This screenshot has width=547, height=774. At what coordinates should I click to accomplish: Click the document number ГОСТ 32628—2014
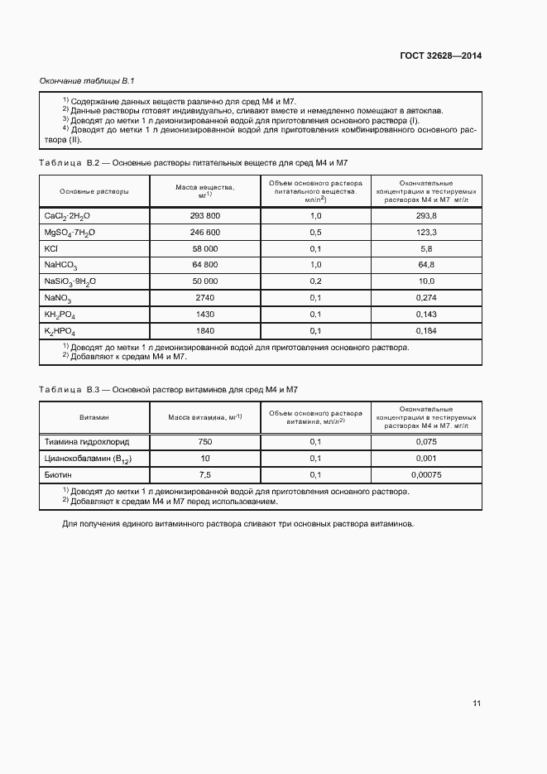click(x=439, y=56)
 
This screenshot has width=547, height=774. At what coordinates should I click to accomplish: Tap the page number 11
click(x=476, y=703)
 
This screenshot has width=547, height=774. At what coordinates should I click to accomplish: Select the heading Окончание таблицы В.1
click(x=87, y=81)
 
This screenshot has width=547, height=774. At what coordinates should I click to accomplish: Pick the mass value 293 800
click(x=205, y=215)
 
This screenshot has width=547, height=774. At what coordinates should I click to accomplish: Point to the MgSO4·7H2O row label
click(x=70, y=232)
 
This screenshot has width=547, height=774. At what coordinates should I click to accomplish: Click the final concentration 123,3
click(x=427, y=232)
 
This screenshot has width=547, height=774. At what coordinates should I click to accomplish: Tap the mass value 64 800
click(x=205, y=265)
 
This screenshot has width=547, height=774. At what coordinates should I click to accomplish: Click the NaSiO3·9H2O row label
click(x=70, y=281)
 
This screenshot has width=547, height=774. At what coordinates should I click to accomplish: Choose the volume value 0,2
click(x=315, y=281)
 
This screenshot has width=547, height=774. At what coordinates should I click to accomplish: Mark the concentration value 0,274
click(x=427, y=298)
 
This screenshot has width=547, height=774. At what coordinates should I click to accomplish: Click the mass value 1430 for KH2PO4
click(x=205, y=315)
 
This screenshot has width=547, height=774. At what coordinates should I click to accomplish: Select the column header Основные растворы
click(x=94, y=191)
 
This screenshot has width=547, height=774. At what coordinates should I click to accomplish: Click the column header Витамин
click(x=94, y=418)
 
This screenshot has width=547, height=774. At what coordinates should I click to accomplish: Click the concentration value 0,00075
click(x=427, y=475)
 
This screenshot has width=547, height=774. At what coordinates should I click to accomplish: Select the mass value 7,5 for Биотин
click(x=205, y=475)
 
